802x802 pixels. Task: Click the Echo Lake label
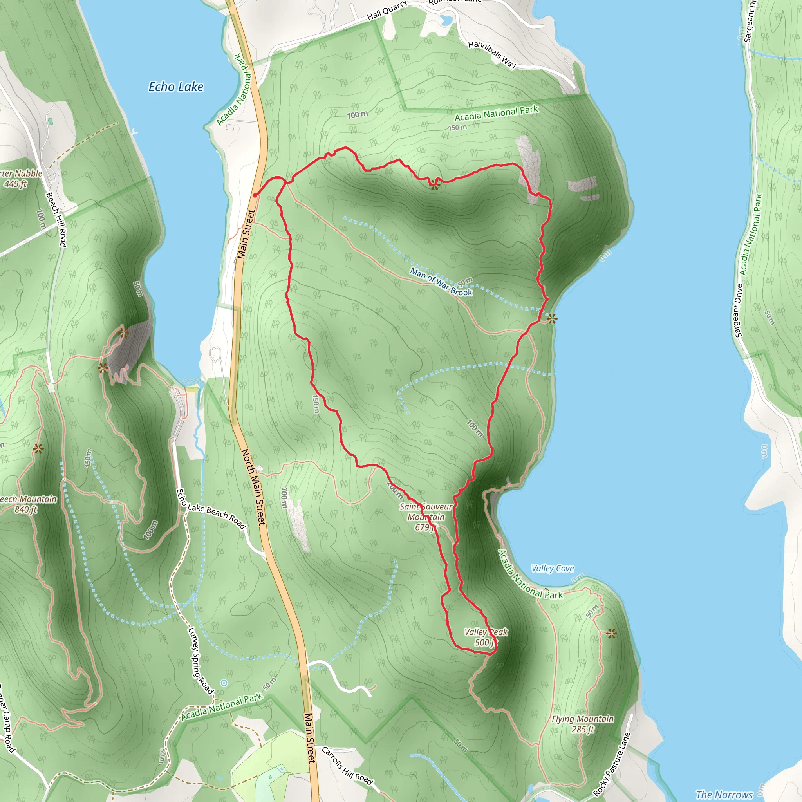[176, 87]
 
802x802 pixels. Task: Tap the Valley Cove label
[553, 568]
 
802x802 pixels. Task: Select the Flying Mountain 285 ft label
[582, 724]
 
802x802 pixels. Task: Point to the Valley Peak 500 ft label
[486, 637]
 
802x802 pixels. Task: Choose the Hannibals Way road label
[492, 54]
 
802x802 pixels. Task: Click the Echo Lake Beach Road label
[212, 509]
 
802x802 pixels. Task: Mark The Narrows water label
[724, 795]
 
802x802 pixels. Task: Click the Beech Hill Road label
[56, 220]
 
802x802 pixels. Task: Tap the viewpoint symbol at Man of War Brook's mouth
[552, 319]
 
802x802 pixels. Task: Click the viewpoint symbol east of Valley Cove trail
[611, 634]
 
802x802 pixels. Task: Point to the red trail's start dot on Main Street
[255, 195]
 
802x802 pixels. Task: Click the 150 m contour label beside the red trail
[316, 404]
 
